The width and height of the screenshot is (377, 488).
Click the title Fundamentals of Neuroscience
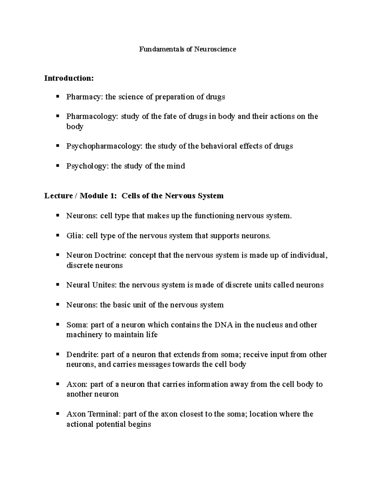click(x=188, y=49)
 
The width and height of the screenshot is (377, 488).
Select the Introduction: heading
click(x=69, y=78)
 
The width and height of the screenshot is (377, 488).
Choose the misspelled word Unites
click(x=104, y=285)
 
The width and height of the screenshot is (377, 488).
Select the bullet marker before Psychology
click(x=57, y=166)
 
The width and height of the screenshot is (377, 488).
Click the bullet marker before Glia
click(x=57, y=235)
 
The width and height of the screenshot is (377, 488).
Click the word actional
click(x=80, y=424)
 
